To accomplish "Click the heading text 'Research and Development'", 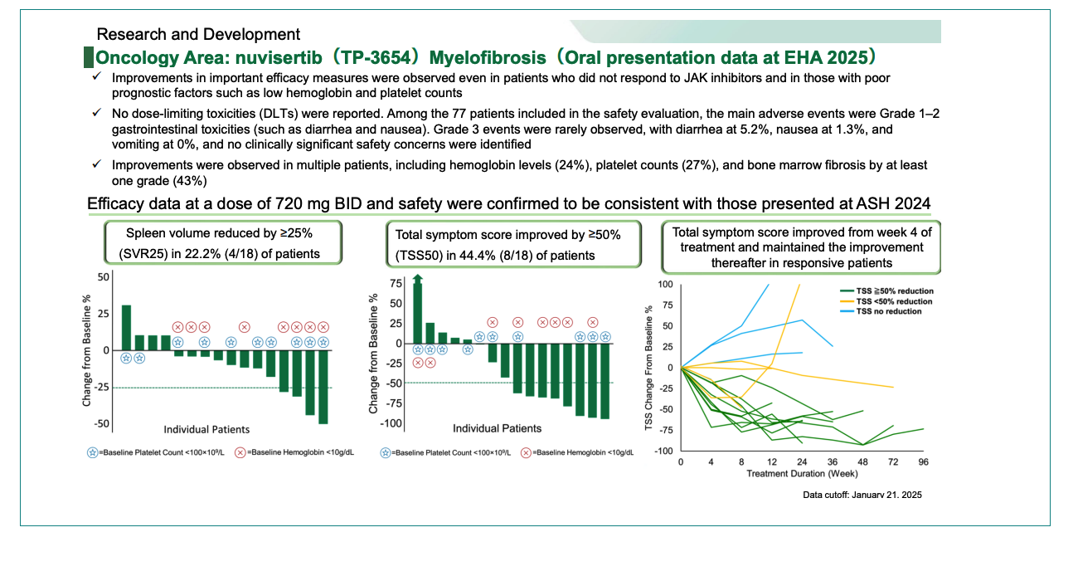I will (x=198, y=35).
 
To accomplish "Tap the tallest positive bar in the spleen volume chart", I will (x=126, y=328).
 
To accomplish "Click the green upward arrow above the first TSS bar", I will (x=417, y=283).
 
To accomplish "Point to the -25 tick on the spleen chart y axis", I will (x=103, y=388).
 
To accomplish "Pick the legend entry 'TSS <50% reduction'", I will (x=894, y=300).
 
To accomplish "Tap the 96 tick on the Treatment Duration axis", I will (x=923, y=461).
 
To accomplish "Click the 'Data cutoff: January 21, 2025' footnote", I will (x=862, y=495).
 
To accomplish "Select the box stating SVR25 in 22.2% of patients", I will (x=222, y=244).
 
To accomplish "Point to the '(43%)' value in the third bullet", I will (x=189, y=180).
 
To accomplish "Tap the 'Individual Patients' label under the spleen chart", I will (x=206, y=429).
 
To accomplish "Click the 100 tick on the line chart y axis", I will (x=665, y=285).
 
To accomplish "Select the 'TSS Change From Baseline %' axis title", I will (x=649, y=367).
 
